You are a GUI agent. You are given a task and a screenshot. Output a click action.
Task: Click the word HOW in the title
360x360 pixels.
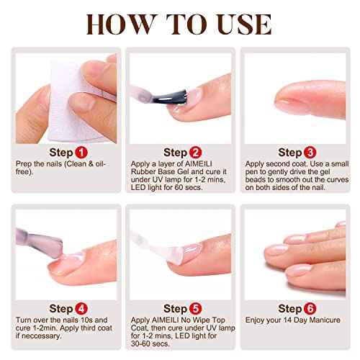click(118, 22)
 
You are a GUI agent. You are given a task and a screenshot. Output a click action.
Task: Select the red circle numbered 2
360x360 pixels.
click(196, 153)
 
